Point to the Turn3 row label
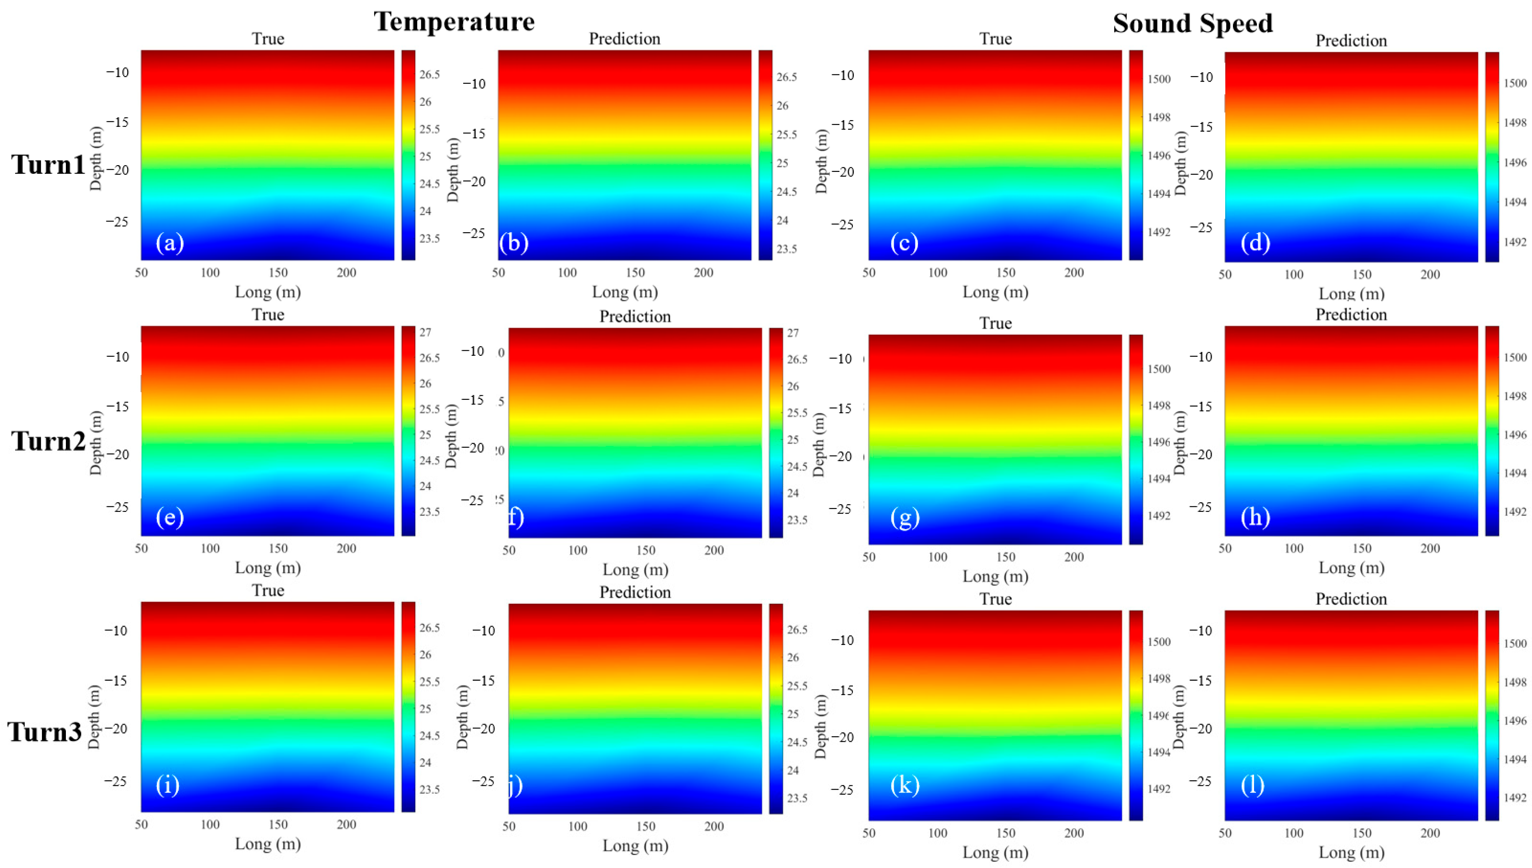point(45,731)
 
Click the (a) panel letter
point(169,243)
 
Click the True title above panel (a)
point(268,39)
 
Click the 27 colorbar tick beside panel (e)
point(425,332)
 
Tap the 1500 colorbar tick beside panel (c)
point(1159,79)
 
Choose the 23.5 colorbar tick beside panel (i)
point(429,789)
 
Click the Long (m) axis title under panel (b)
point(625,292)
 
